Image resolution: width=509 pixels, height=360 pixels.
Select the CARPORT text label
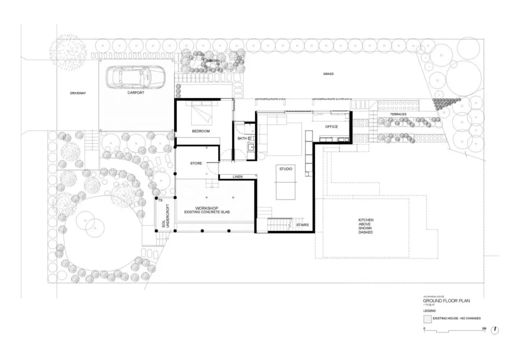[135, 93]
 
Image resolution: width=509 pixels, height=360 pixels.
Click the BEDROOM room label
[201, 131]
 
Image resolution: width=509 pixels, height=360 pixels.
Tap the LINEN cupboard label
[237, 177]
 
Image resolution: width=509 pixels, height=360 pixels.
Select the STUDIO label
[285, 169]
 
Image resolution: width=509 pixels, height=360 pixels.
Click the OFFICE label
[331, 127]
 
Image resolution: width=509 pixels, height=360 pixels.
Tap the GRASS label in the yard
[328, 74]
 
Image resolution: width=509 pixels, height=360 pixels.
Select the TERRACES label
[399, 114]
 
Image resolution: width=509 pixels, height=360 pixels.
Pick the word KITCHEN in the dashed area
[366, 220]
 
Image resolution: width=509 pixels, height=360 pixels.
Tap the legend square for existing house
[427, 319]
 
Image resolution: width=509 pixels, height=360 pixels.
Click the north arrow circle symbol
[495, 330]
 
